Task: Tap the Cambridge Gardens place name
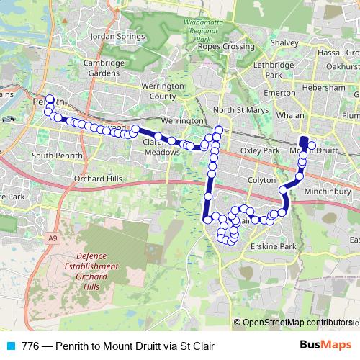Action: pyautogui.click(x=104, y=68)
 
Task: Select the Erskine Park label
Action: pyautogui.click(x=277, y=246)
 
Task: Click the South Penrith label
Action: pyautogui.click(x=53, y=155)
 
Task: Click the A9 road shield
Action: pyautogui.click(x=53, y=237)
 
